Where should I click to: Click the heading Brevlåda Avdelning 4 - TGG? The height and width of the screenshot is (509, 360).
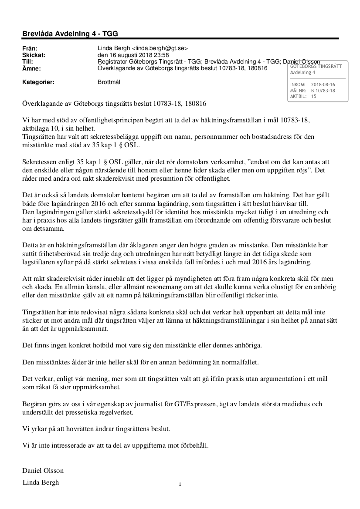70,34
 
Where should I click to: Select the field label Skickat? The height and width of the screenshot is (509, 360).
34,55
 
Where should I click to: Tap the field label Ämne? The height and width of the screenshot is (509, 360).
31,68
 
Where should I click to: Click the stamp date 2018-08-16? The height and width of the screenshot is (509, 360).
323,84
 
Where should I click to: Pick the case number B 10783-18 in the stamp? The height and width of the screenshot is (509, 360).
323,91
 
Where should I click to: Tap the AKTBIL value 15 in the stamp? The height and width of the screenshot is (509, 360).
314,97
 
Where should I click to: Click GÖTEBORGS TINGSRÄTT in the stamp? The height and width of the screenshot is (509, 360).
316,66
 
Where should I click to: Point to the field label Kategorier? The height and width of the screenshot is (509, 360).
38,81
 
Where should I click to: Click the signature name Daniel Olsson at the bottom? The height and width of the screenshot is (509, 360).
43,471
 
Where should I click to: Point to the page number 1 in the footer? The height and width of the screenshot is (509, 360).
180,485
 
